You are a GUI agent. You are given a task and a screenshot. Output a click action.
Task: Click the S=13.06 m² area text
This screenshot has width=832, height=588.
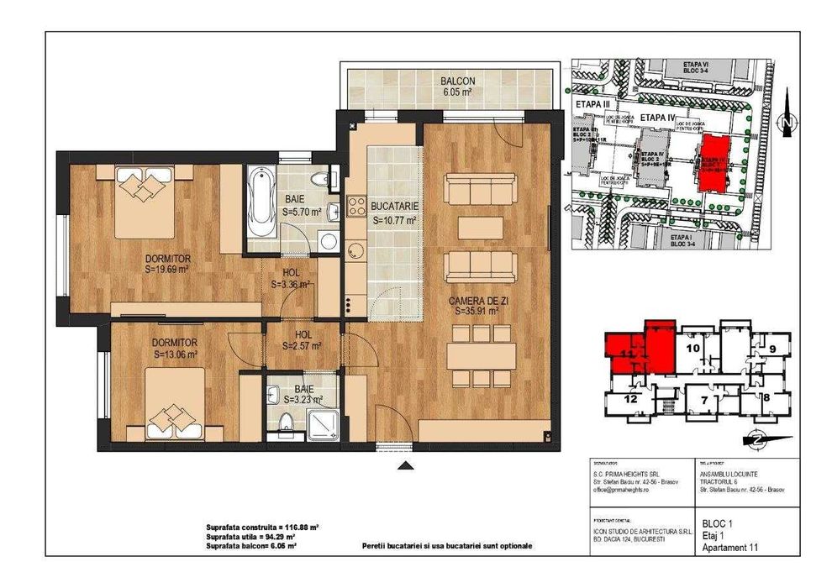coord(176,354)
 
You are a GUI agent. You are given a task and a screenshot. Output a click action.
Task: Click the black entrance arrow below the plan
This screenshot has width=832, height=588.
coord(405,466)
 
